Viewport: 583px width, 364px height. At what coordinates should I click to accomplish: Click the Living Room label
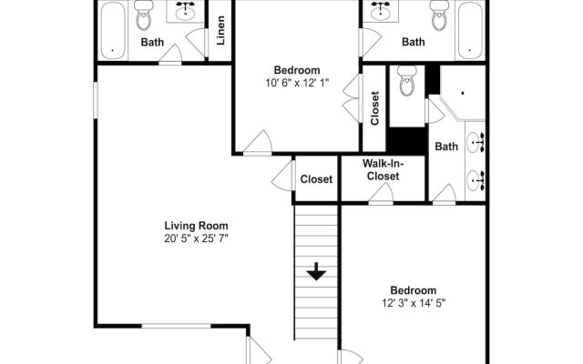[197, 226]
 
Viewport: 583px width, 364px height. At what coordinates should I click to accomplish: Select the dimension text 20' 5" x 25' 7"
[196, 238]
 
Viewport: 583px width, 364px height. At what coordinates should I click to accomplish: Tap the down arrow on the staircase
[316, 271]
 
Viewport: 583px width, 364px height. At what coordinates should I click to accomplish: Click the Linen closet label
[220, 30]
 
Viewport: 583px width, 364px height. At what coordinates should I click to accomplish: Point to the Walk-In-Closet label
[383, 169]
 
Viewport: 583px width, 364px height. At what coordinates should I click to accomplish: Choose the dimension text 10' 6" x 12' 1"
[297, 83]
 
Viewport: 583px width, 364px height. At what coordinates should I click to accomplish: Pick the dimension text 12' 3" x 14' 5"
[414, 303]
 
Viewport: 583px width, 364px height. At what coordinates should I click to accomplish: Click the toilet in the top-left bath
[144, 15]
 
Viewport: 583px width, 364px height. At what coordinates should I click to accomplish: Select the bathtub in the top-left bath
[113, 30]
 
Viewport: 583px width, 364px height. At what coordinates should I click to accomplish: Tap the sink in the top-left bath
[185, 12]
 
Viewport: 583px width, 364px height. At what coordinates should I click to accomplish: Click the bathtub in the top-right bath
[470, 30]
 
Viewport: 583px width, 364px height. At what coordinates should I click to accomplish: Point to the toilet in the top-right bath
[439, 15]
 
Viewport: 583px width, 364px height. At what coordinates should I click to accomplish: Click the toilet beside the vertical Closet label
[407, 81]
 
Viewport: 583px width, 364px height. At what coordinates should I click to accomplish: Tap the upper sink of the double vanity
[476, 142]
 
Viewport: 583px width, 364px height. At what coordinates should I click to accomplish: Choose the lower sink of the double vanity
[476, 181]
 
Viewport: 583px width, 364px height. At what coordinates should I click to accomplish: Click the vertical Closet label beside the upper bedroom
[374, 108]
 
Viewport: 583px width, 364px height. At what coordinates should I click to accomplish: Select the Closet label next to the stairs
[316, 179]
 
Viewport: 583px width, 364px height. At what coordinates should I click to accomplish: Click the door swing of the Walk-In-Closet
[381, 193]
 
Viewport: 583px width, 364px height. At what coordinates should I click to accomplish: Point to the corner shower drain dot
[463, 93]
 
